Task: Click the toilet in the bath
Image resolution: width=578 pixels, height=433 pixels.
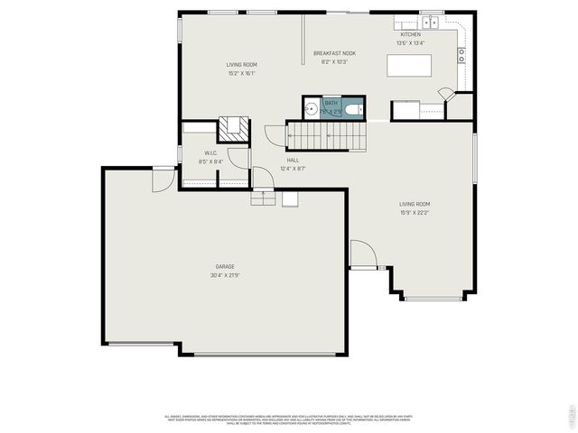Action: pos(354,110)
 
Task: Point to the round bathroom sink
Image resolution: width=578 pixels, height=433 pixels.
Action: pos(312,109)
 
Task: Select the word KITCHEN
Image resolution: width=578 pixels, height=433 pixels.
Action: pos(410,34)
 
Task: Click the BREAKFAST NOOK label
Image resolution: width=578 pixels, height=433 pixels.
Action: pos(334,53)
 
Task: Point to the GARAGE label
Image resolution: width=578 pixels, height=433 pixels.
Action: pos(225,266)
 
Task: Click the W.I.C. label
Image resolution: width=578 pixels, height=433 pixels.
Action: pos(210,152)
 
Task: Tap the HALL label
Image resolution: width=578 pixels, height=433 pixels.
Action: pos(294,160)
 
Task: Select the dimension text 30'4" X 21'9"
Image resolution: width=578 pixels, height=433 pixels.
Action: pos(225,275)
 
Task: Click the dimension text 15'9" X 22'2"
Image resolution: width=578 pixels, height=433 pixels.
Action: pos(415,213)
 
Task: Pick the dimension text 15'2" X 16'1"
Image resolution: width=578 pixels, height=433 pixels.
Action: pos(241,74)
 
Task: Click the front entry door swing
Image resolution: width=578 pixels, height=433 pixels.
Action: pos(361,253)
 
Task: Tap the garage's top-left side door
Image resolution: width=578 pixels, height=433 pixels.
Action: pos(163,179)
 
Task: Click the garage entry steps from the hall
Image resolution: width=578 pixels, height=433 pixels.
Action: pos(262,198)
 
